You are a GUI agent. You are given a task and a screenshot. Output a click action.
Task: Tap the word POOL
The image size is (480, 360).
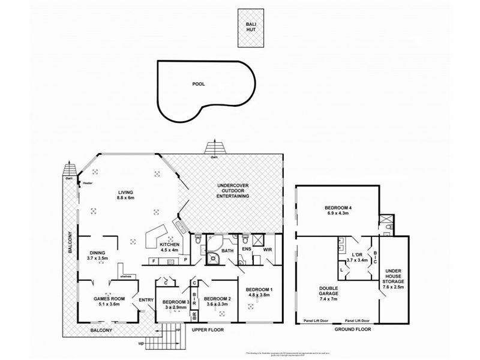pos(198,84)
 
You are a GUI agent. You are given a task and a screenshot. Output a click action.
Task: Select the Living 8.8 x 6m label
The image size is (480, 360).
pos(125,194)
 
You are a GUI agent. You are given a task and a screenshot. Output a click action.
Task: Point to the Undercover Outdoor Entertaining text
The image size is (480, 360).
pos(232,191)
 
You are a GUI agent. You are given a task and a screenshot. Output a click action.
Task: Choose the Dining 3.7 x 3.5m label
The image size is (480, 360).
pos(98,255)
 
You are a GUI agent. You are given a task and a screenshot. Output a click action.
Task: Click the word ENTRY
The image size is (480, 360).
pos(146,300)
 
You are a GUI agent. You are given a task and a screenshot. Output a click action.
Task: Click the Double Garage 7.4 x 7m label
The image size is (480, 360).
pos(329,294)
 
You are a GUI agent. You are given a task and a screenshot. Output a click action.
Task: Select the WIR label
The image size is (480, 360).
pos(268,249)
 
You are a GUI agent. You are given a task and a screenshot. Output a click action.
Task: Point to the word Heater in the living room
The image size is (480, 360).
pos(88,182)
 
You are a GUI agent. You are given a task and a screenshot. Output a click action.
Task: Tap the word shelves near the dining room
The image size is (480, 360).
pos(125,277)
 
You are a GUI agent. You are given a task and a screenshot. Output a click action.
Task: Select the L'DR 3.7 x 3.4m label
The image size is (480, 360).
pos(357,257)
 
